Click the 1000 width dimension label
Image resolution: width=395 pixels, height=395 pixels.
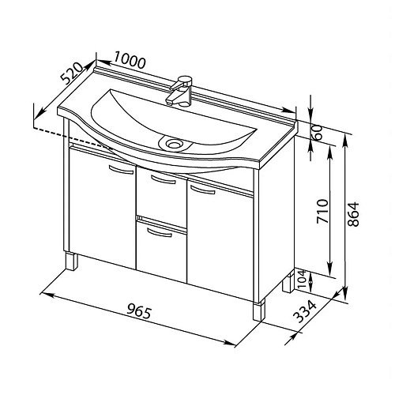(x=130, y=62)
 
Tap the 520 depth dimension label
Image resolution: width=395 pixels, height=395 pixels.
(x=72, y=73)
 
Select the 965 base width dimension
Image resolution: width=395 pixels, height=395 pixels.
(x=139, y=311)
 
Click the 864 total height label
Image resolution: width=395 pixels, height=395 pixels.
(x=353, y=214)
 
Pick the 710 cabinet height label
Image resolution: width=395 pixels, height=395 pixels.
(x=322, y=212)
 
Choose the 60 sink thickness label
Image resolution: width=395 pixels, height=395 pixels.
(x=318, y=133)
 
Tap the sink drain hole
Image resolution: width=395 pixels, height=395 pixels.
(x=174, y=144)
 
